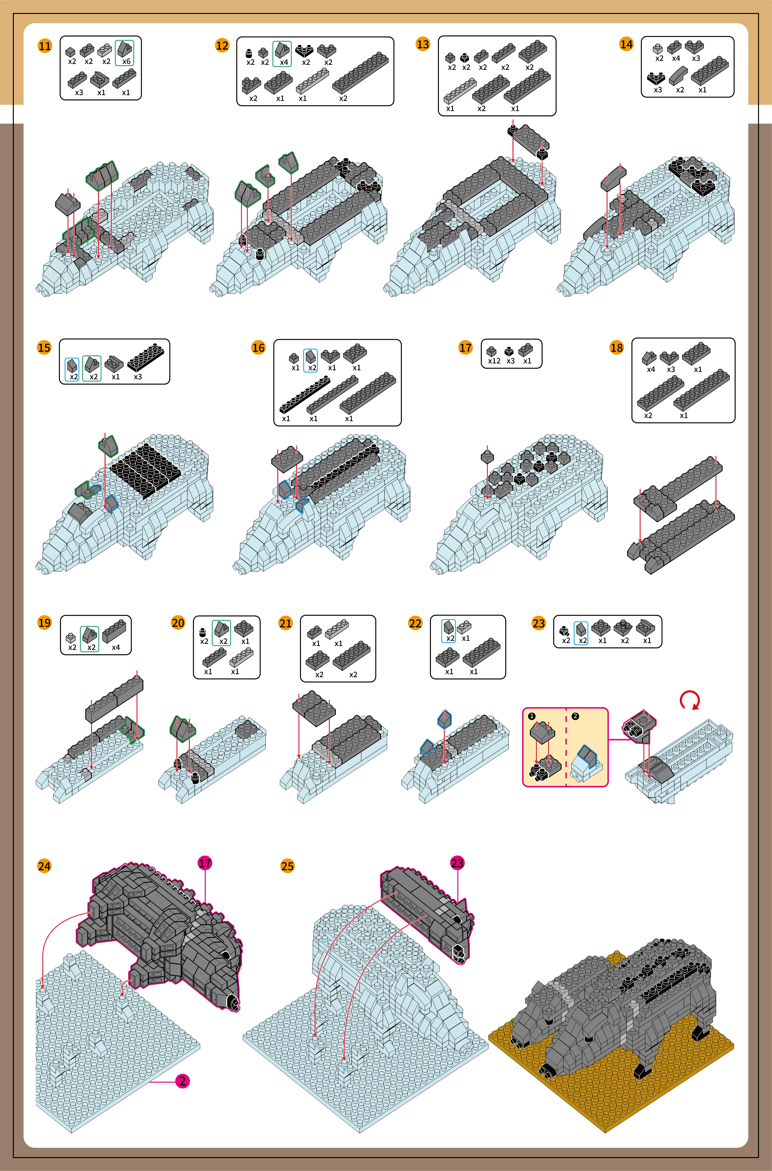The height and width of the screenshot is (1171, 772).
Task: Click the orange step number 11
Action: coord(45,46)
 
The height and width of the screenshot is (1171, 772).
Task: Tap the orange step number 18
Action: coord(617,348)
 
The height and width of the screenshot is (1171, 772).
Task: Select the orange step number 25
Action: coord(287,866)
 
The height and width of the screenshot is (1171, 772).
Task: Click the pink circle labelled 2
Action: coord(182,1081)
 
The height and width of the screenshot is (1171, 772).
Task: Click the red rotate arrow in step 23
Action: coord(690,700)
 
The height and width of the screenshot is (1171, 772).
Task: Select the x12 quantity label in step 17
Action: coord(494,361)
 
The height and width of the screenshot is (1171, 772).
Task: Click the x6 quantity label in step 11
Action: coord(126,62)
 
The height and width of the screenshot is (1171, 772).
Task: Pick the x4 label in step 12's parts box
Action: coord(284,62)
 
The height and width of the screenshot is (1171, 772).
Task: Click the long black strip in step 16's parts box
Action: coord(305,394)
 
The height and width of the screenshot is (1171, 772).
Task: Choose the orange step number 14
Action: coord(626,44)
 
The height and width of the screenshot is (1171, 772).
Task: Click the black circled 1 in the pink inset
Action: coord(532,716)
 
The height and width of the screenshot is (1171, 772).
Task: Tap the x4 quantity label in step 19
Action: coord(116,647)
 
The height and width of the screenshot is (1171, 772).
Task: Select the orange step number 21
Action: coord(286,623)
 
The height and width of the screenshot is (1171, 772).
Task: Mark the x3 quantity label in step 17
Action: coord(511,361)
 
